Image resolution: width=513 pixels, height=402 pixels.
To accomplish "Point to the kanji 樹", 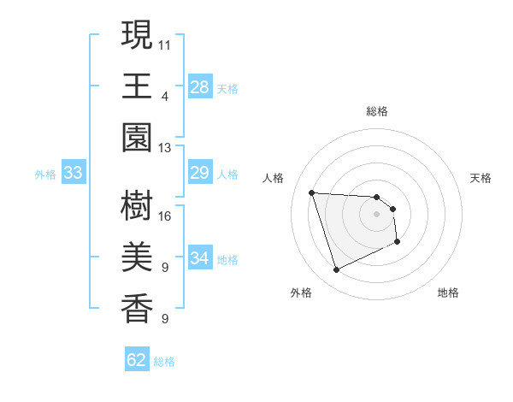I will (137, 206).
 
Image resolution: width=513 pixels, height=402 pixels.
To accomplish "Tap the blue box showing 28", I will (199, 87).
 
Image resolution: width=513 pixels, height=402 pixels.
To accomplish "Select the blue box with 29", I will (199, 174).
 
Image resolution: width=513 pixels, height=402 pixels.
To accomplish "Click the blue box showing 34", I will (199, 258).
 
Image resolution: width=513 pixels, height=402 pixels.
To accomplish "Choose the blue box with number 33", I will (73, 174).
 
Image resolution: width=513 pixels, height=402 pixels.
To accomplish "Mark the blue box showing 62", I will (137, 360).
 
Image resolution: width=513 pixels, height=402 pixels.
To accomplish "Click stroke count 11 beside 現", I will (165, 44).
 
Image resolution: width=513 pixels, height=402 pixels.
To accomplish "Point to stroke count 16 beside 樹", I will (165, 216).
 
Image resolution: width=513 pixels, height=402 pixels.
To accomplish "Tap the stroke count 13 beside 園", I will (165, 148).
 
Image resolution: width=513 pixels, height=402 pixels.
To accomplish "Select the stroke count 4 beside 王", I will (164, 96).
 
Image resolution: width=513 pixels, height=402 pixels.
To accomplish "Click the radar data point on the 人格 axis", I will (312, 192).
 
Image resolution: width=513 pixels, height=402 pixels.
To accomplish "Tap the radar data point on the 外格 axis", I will (336, 270).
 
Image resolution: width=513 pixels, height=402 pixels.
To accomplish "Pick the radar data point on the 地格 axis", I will (398, 243).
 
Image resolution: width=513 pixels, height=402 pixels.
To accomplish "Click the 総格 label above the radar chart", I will (377, 112).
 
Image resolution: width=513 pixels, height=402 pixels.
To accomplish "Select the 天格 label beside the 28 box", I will (227, 88).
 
